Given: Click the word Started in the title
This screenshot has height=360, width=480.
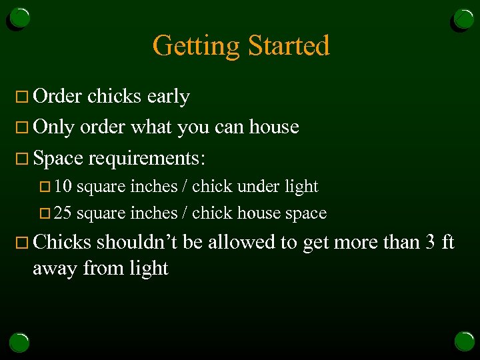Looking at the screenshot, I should [289, 45].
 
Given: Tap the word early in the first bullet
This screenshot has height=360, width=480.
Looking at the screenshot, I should [168, 97].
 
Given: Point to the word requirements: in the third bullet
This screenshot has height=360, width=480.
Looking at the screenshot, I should [147, 158].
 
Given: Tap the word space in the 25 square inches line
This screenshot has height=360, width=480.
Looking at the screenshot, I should [306, 214].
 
